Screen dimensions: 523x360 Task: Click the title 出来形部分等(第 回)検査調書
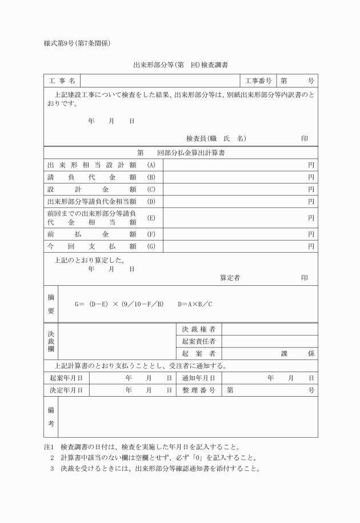pos(181,66)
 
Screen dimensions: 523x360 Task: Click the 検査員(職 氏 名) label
pos(216,138)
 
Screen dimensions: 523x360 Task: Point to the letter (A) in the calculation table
pos(151,165)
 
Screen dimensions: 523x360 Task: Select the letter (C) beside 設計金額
pos(151,189)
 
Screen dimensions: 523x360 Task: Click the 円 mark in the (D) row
pos(311,201)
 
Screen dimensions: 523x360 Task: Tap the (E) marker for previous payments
pos(151,218)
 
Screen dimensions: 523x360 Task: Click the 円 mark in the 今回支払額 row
pos(311,246)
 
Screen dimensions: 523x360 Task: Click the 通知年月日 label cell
pos(198,378)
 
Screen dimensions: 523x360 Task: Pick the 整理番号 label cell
pos(198,390)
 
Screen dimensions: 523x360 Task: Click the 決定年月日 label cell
pos(66,390)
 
